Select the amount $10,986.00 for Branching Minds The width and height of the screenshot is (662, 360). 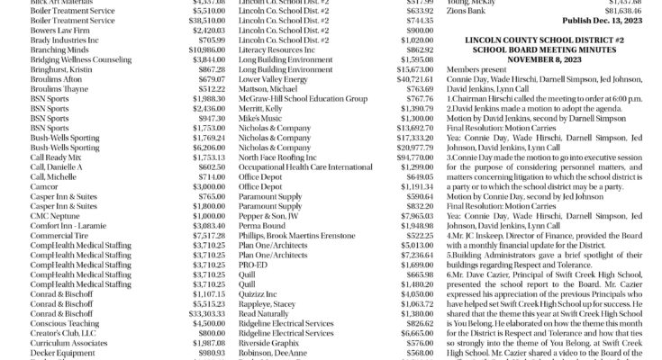(206, 53)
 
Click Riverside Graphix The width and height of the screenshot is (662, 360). (271, 342)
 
